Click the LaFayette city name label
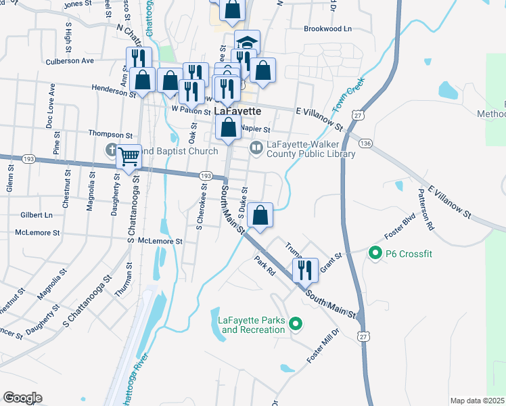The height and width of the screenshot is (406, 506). pos(238,111)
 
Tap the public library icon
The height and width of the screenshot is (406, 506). pos(256,147)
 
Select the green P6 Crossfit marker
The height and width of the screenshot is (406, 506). pos(375,254)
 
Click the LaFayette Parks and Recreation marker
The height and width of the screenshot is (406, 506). pos(295,325)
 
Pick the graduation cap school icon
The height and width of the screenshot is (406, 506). pos(247,43)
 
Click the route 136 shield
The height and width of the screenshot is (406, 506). pos(365,143)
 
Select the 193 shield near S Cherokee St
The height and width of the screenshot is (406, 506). pos(203,176)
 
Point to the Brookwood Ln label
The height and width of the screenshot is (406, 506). pos(328,29)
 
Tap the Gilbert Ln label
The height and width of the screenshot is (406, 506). pos(37,215)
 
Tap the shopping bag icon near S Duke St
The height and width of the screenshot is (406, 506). pos(260,215)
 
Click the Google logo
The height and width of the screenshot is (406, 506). pos(22,398)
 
